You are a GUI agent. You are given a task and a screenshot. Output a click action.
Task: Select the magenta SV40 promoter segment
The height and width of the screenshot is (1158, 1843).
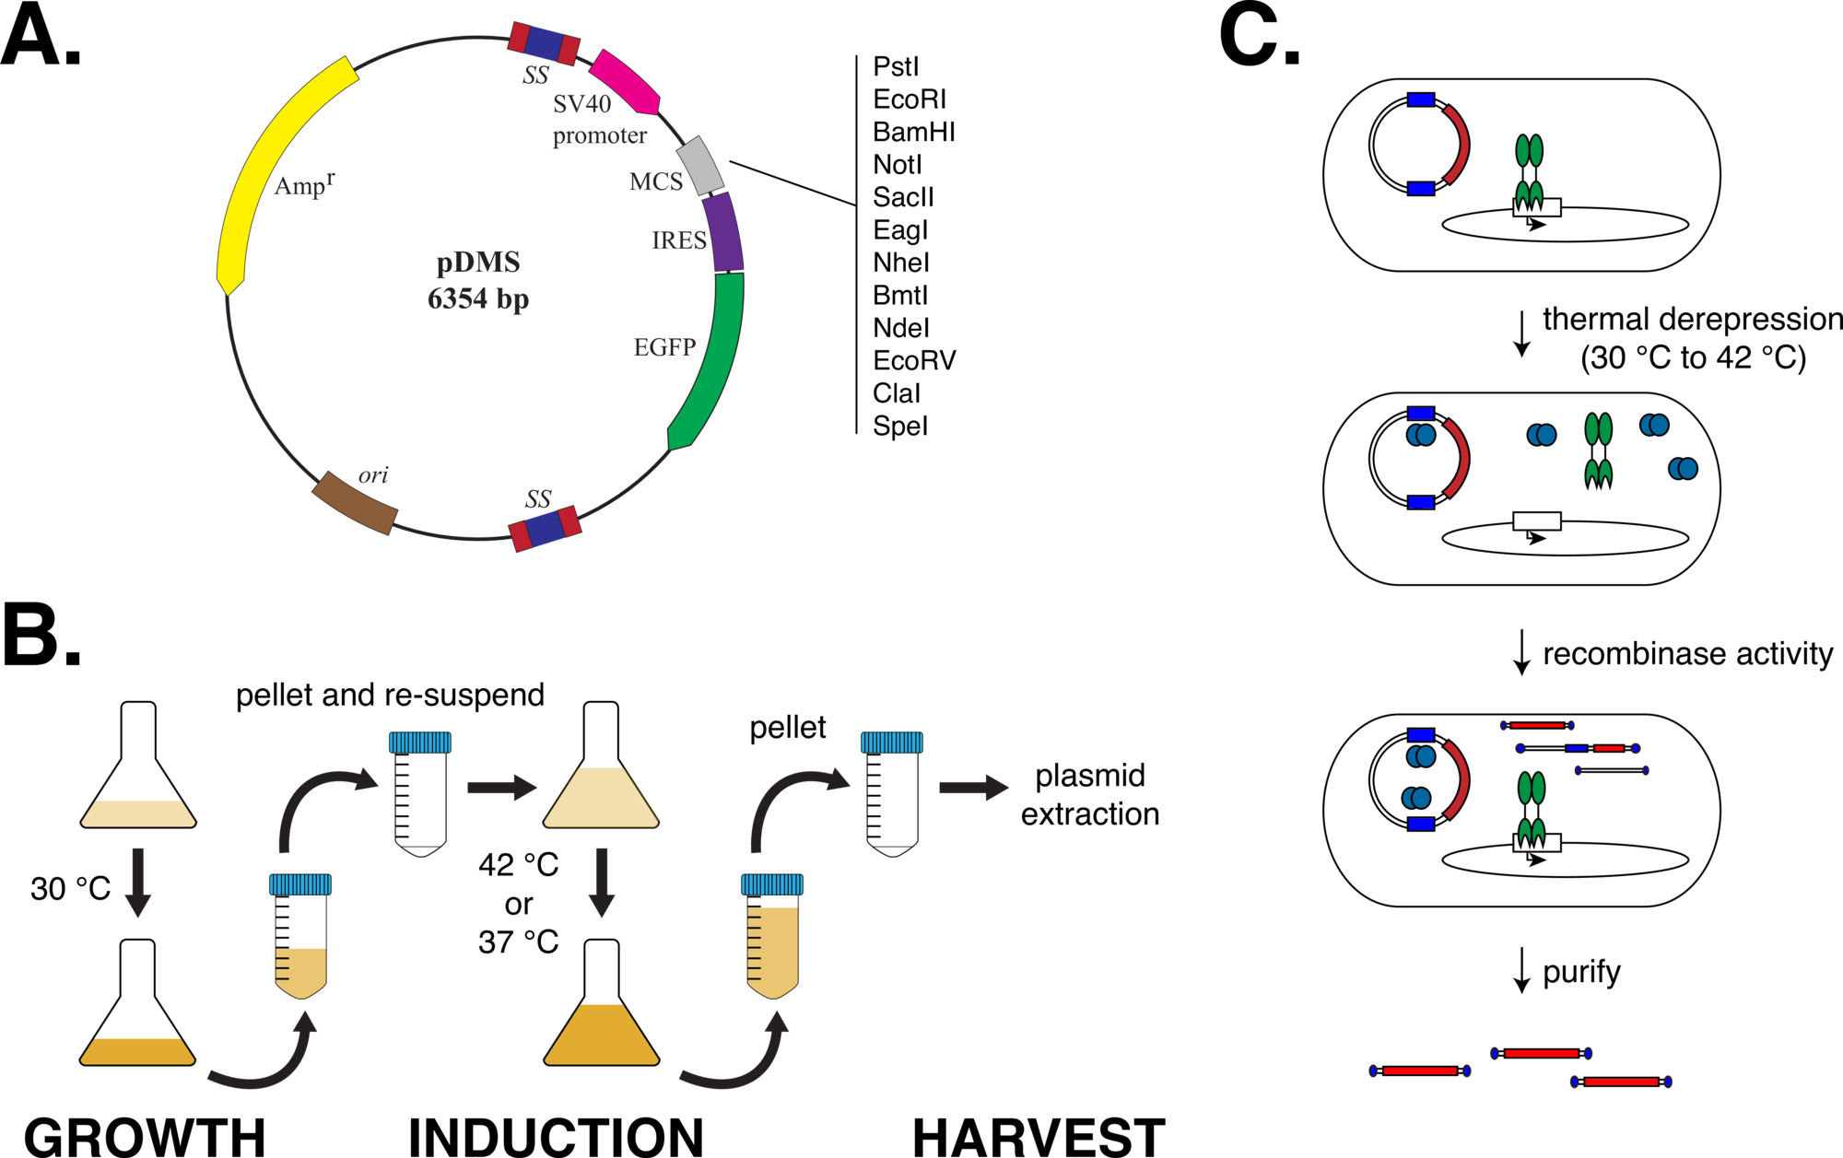[625, 81]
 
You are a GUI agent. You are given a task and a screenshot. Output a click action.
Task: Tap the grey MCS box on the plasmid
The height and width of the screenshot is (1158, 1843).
[700, 165]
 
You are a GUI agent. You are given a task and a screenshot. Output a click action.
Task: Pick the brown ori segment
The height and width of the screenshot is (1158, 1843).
[355, 503]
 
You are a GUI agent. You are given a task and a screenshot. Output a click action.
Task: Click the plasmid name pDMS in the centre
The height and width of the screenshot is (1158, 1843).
[478, 263]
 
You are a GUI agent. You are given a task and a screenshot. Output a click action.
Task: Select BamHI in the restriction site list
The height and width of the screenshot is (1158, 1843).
[913, 133]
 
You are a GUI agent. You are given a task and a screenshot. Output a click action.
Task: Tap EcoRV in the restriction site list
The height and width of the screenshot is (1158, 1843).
[914, 361]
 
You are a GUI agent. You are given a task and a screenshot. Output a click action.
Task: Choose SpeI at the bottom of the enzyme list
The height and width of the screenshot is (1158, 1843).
[900, 427]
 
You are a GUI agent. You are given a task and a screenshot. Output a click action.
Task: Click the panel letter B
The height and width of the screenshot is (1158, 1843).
[41, 636]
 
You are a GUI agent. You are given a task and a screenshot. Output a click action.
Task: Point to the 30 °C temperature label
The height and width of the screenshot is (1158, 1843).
[70, 889]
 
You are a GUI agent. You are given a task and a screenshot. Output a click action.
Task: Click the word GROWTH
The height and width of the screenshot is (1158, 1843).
[145, 1137]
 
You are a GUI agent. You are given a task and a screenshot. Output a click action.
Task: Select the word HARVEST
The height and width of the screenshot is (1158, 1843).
[1039, 1137]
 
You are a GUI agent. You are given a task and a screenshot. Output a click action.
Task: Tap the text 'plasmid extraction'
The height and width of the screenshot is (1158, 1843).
[1090, 795]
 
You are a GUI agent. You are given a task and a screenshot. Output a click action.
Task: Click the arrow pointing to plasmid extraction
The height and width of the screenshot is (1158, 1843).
[973, 788]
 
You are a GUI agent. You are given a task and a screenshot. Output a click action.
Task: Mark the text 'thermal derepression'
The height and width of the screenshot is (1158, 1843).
[1692, 320]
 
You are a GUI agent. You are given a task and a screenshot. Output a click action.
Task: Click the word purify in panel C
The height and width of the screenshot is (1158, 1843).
[1581, 973]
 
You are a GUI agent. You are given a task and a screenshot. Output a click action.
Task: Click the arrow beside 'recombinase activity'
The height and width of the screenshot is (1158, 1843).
[1522, 652]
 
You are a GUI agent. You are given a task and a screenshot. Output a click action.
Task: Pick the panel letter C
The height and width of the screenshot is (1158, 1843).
[1259, 37]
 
